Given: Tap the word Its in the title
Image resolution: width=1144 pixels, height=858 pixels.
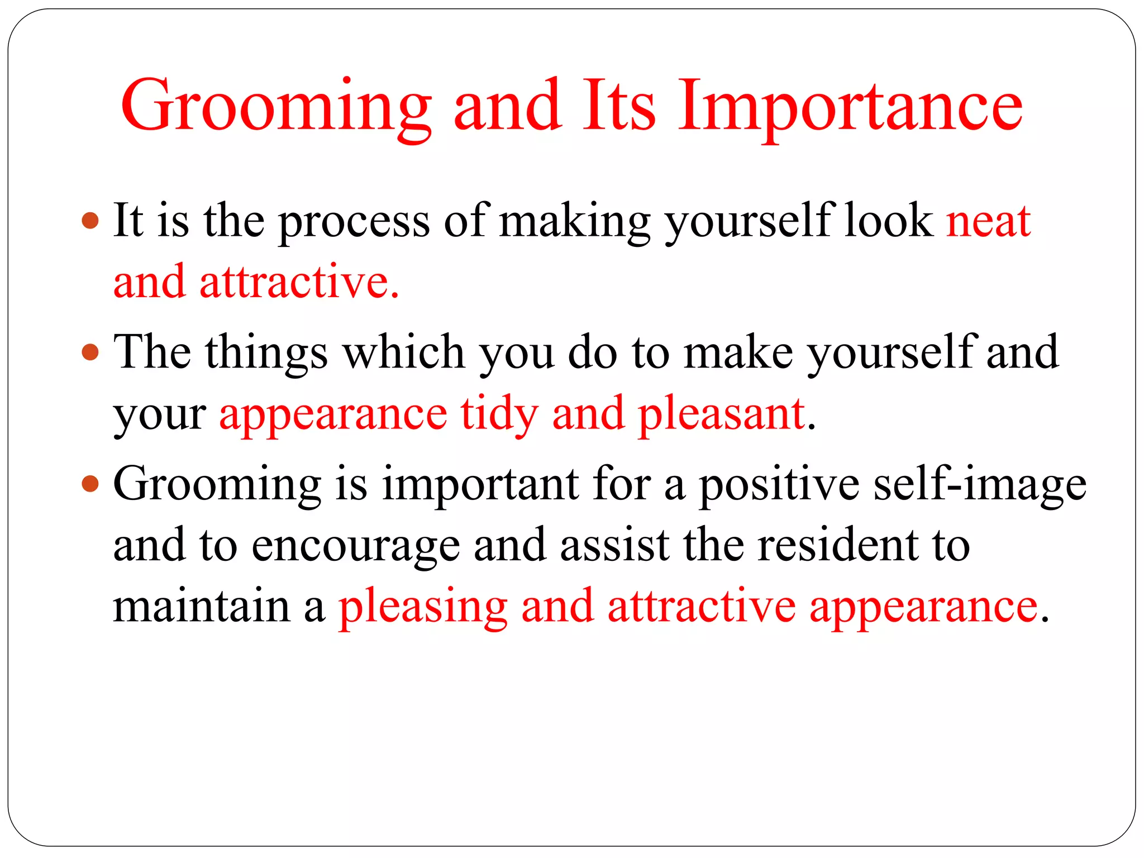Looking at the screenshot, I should pos(618,106).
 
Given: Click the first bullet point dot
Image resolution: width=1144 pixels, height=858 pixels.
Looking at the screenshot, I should pos(90,221).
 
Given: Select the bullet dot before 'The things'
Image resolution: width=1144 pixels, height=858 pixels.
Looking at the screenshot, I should pos(90,352).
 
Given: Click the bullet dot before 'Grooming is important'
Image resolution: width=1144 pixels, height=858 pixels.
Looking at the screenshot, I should pos(90,484).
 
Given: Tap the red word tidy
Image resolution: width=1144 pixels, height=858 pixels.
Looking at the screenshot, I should pos(499,414).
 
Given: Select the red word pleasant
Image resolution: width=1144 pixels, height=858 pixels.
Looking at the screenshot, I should pos(721,414).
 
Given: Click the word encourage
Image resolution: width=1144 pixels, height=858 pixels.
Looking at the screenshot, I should pos(355,546).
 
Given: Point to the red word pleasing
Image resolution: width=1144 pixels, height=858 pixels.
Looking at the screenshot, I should pos(423,608).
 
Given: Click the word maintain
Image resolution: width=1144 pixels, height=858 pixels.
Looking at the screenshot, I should pos(202,607).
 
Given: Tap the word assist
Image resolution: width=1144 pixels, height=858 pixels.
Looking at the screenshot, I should pos(614,545).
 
